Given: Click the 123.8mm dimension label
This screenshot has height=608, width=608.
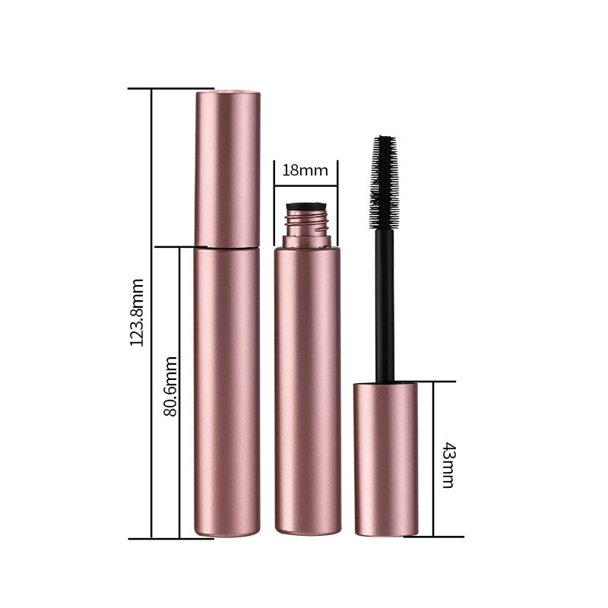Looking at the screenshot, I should tap(136, 312).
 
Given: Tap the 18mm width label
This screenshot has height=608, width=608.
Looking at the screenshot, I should tap(305, 170).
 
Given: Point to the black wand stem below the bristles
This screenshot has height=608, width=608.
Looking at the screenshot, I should tap(385, 304).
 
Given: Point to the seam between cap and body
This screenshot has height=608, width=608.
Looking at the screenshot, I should tap(227, 247).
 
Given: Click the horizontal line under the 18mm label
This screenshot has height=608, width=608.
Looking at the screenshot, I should tap(305, 183).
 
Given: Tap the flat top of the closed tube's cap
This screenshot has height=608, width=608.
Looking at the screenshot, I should tap(228, 93).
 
